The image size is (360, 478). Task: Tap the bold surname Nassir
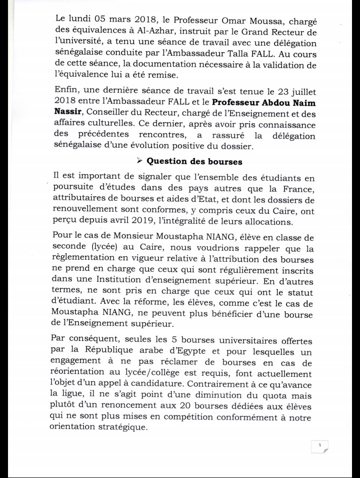click(x=69, y=114)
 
